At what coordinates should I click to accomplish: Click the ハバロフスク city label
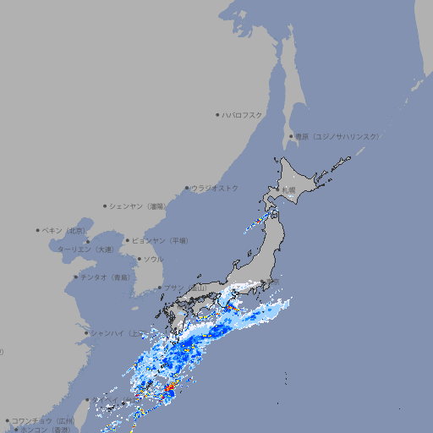[243, 115]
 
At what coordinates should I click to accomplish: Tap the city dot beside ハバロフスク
[217, 115]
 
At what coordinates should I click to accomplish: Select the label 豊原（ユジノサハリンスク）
[337, 136]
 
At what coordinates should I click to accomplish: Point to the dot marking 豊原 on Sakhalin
[291, 136]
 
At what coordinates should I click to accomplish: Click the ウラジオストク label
[215, 188]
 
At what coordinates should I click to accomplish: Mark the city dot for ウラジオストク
[187, 189]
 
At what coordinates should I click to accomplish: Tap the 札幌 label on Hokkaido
[289, 189]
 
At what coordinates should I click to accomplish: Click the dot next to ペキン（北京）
[38, 230]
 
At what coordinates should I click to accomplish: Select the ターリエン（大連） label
[85, 249]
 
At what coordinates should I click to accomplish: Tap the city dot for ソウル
[138, 259]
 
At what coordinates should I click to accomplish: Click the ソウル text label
[153, 259]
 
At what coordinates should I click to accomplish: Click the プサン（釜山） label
[185, 288]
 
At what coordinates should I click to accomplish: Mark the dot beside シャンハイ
[86, 333]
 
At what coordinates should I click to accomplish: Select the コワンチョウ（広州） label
[43, 420]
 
